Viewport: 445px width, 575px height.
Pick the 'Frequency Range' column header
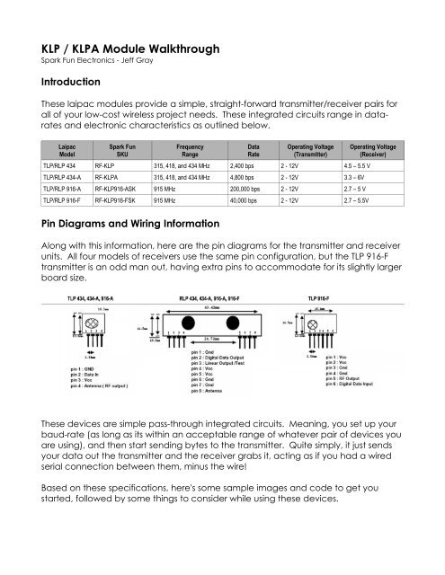188,148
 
